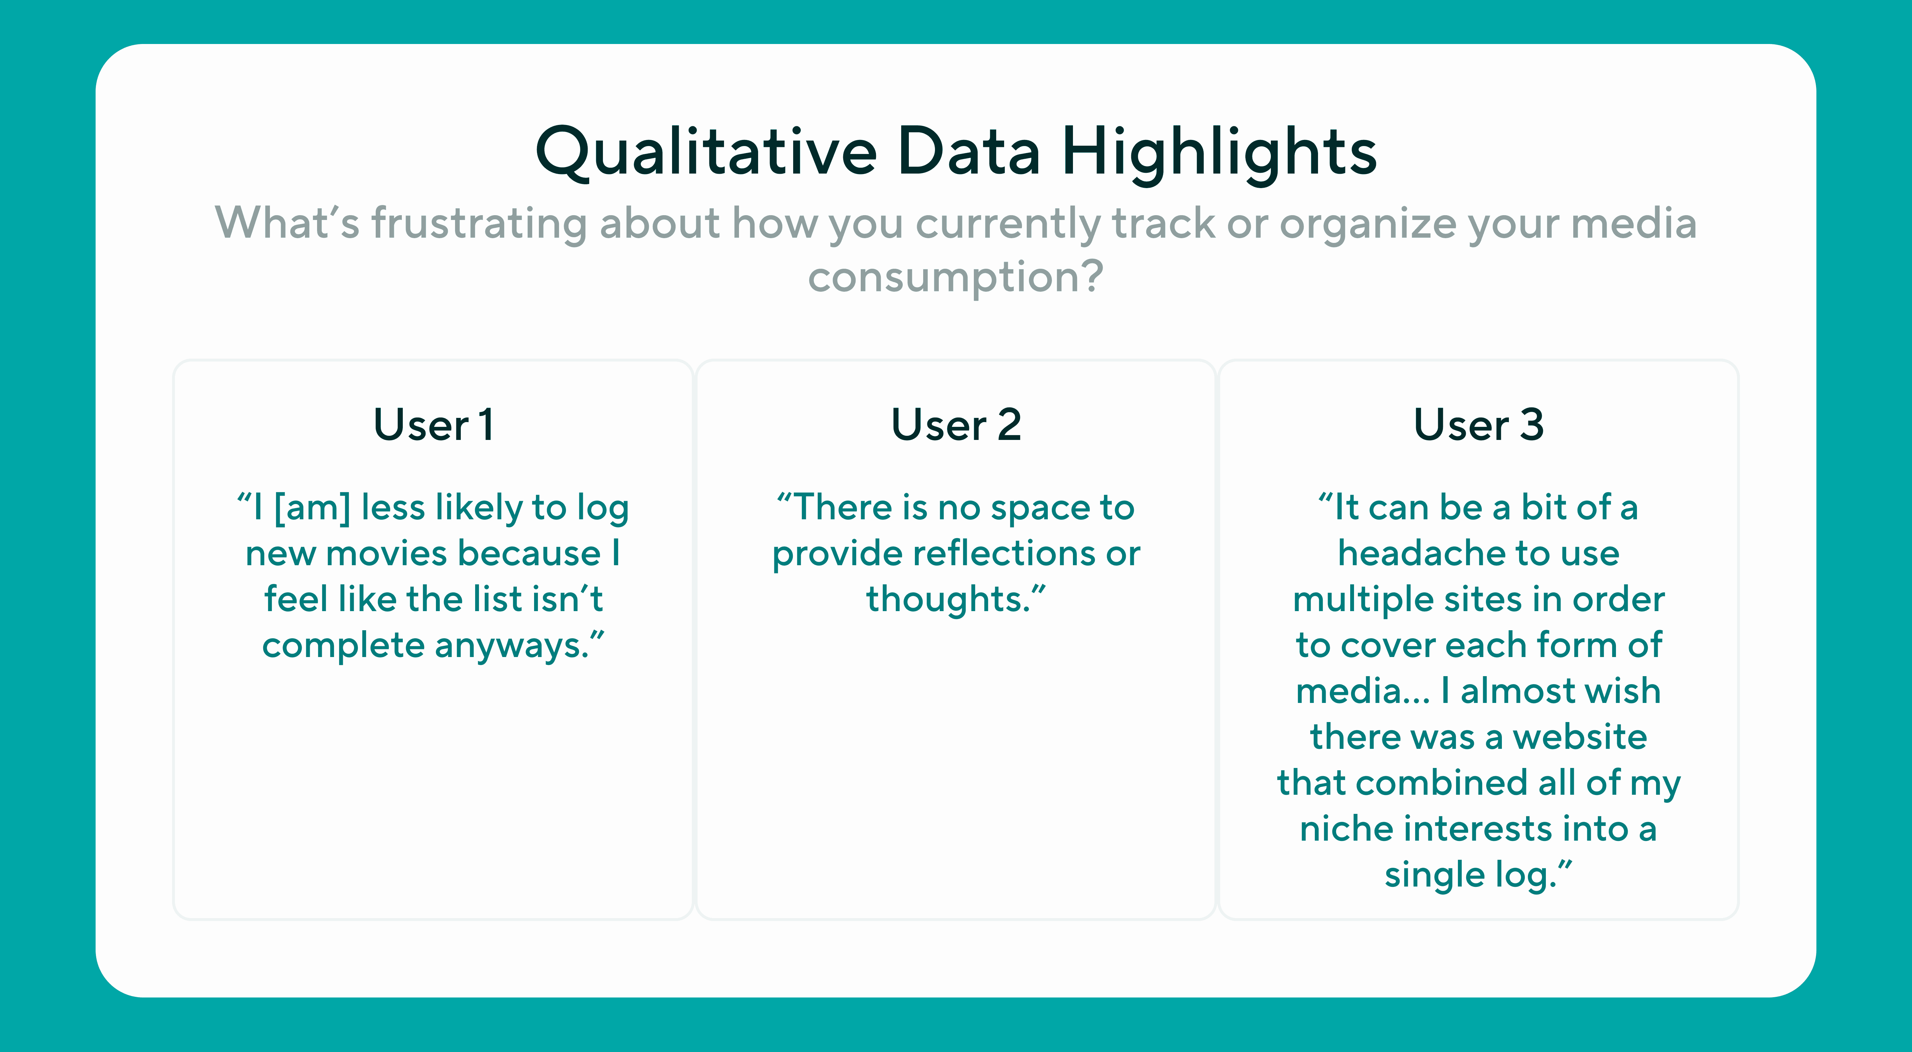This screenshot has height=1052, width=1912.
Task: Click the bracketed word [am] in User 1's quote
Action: [312, 508]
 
